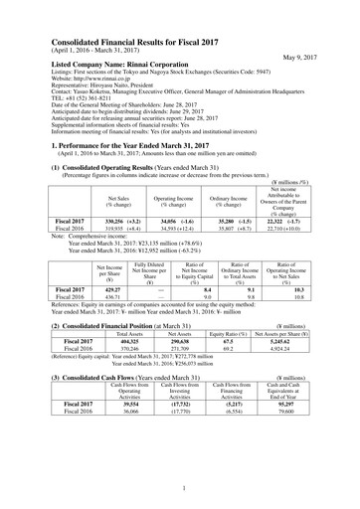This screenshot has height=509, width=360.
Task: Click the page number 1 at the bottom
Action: pos(179,488)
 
